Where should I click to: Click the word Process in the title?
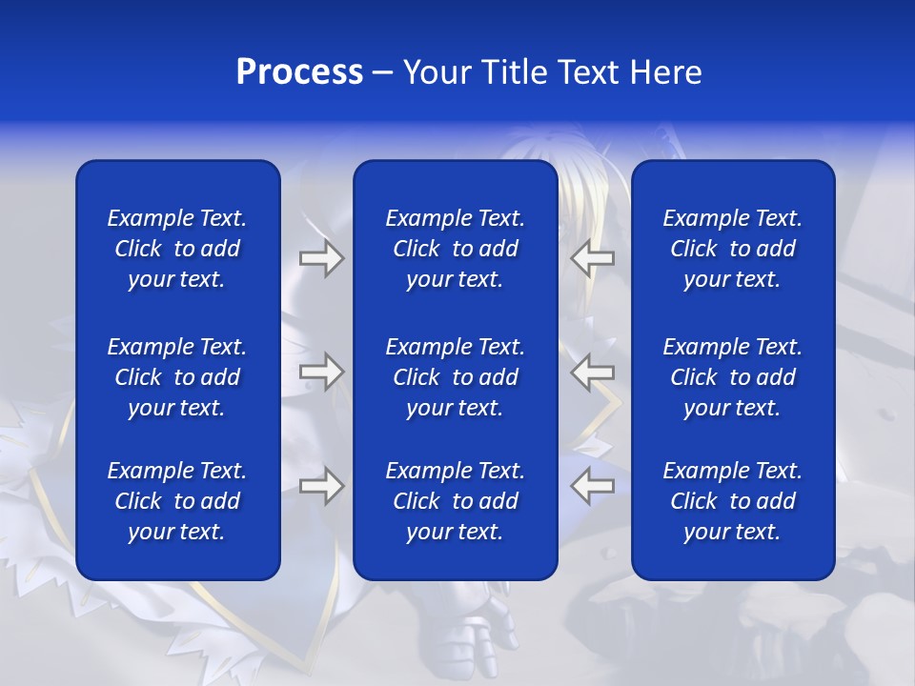299,72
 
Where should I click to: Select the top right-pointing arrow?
321,258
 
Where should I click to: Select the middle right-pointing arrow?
321,372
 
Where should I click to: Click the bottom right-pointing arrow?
321,486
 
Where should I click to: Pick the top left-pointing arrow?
593,258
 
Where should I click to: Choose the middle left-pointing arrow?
593,372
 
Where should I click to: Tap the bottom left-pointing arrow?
593,486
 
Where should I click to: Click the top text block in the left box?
177,249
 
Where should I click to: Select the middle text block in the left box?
177,377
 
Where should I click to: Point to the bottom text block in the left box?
177,501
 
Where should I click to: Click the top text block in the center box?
455,249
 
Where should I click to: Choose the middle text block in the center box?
455,377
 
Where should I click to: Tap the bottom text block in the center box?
455,501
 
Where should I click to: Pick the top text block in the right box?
732,249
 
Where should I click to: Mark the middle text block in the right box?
732,377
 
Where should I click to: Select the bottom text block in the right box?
732,501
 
